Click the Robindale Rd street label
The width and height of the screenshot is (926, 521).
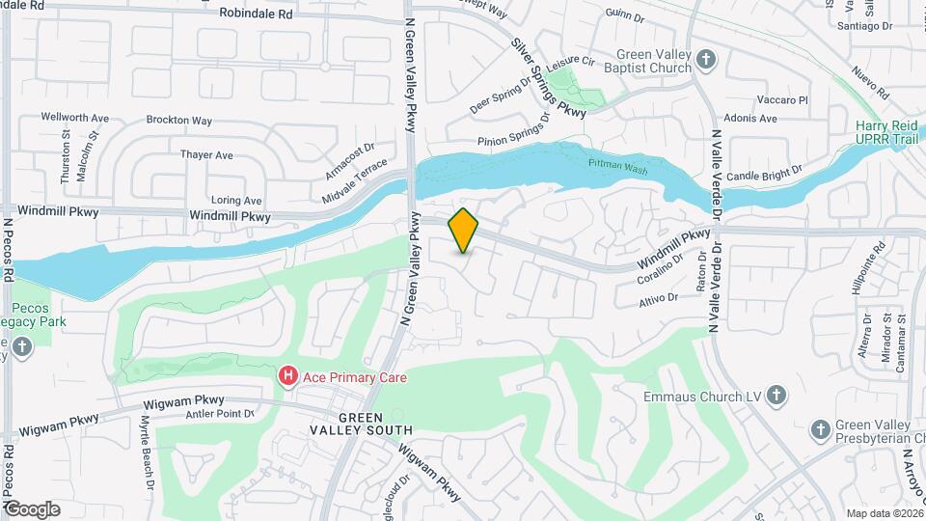(256, 14)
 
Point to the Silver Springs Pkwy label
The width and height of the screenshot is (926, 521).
(548, 79)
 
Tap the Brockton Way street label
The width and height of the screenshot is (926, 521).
(179, 121)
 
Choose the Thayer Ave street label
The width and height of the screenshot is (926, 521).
(207, 154)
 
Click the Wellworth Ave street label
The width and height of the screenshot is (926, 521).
(74, 117)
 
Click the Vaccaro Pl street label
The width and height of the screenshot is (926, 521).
(781, 99)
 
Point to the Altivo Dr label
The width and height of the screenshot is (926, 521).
(659, 299)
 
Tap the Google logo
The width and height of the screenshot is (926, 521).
(32, 508)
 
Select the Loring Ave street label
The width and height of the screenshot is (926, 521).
(236, 200)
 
